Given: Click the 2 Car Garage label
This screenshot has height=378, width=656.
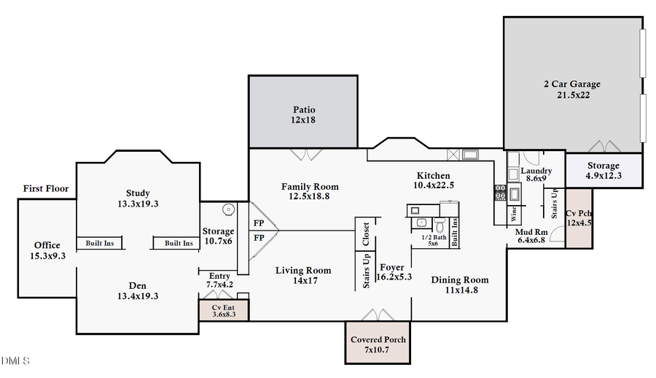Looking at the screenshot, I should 572,85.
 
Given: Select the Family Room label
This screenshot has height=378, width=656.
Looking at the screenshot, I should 310,187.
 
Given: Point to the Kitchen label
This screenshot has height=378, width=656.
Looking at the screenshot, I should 433,176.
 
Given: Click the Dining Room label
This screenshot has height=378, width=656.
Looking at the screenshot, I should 460,280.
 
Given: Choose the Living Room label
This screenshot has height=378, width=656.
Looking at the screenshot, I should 303,271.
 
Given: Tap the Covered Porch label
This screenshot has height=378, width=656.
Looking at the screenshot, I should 378,340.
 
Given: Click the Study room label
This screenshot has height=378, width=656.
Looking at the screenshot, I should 138,193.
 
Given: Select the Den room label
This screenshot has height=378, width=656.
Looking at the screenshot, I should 138,286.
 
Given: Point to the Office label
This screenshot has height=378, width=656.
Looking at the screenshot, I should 47,245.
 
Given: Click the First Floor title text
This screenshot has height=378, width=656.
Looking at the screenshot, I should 45,189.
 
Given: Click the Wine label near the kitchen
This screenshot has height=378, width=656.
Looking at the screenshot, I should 513,215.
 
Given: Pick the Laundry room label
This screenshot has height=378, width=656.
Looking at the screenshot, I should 536,171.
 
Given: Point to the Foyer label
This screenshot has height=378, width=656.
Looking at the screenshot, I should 392,268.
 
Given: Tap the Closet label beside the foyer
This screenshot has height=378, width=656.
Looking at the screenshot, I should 366,234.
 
